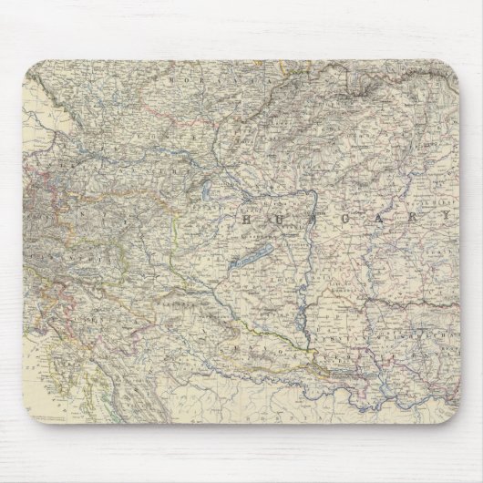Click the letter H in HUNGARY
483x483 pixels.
(248, 220)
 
